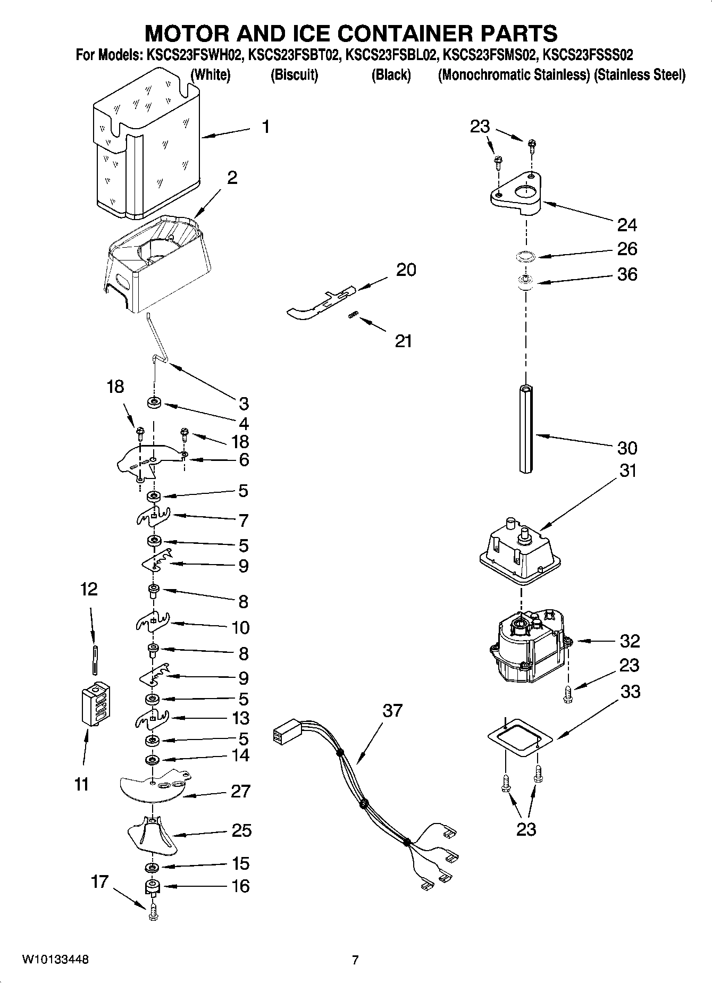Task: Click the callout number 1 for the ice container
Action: click(x=265, y=127)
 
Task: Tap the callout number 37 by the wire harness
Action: click(x=392, y=710)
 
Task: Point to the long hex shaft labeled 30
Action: click(x=526, y=429)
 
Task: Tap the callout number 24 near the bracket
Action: click(x=627, y=225)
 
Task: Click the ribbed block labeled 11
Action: click(x=96, y=703)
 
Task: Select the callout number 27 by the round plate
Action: click(x=240, y=791)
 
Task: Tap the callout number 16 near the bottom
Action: click(x=240, y=886)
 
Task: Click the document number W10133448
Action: click(x=55, y=960)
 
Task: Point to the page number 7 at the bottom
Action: click(x=355, y=960)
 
